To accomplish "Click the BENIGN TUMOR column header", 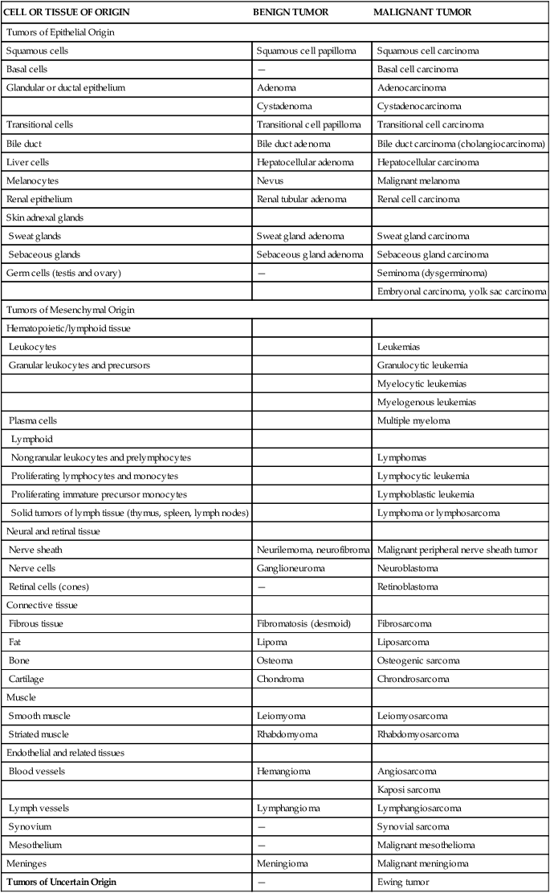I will click(x=290, y=13).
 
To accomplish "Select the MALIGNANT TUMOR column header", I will click(x=422, y=13).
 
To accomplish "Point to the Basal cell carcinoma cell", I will click(x=418, y=69).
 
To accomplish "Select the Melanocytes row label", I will click(x=32, y=181).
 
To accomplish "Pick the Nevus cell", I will click(x=270, y=181).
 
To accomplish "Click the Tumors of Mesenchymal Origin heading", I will click(x=59, y=310).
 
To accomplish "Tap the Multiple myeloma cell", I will click(x=414, y=420).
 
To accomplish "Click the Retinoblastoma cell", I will click(x=408, y=587).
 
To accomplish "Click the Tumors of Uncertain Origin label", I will click(x=61, y=882).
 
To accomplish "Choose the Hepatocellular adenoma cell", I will click(x=304, y=162).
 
